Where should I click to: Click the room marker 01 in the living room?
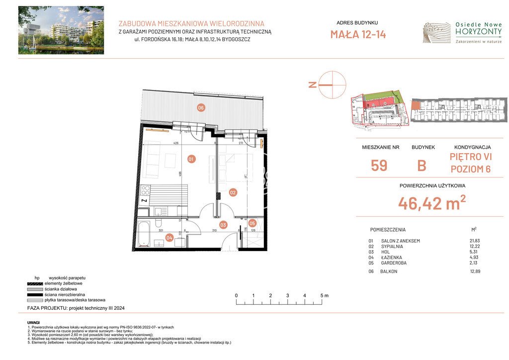(191, 159)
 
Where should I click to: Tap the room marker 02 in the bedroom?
(233, 192)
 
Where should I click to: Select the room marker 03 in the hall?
(224, 225)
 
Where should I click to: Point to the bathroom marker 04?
(170, 238)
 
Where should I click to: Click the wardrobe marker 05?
(252, 223)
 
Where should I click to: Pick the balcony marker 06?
(201, 108)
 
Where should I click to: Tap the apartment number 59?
(379, 166)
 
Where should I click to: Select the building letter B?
(422, 166)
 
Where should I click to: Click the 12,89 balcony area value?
(476, 271)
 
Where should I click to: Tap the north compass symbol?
(332, 85)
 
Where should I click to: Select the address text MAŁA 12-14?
(358, 34)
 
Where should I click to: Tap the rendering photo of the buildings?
(61, 30)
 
